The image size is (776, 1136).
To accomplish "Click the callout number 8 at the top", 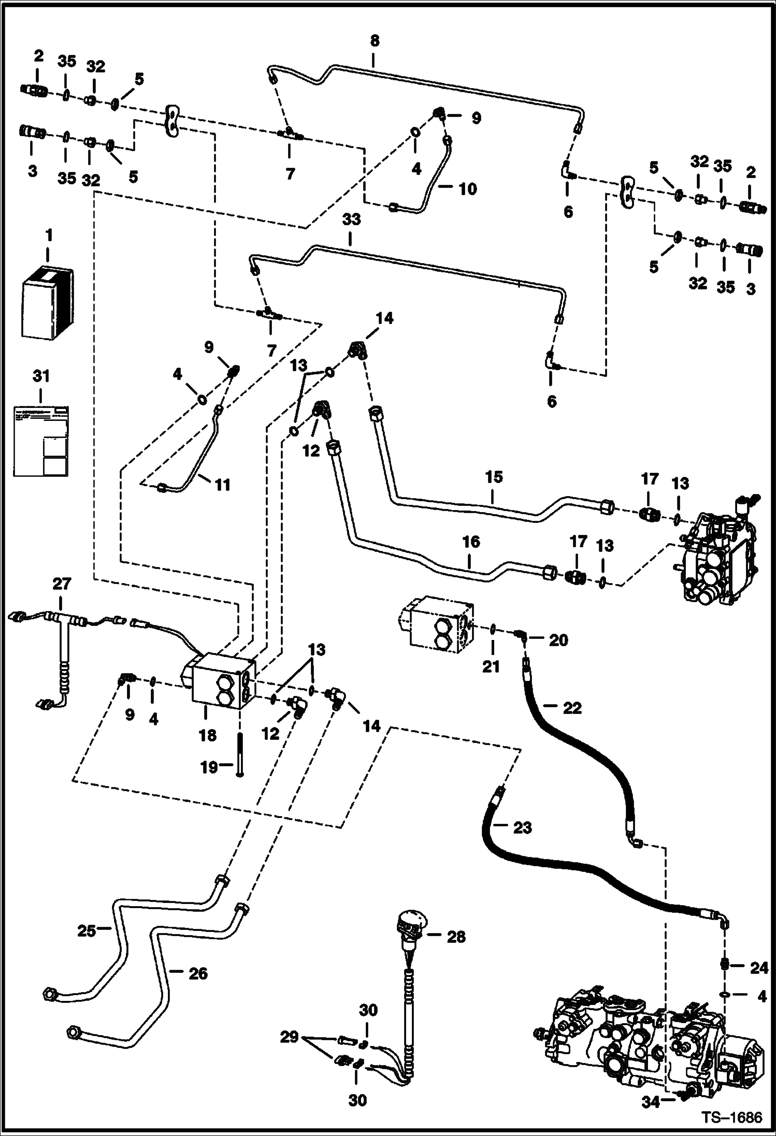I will coord(375,41).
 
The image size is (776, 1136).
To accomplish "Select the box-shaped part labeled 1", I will coord(47,303).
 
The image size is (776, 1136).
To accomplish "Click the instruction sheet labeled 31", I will coord(42,441).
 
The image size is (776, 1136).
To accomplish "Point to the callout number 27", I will coord(61,584).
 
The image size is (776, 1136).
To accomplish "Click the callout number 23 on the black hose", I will coord(522,828).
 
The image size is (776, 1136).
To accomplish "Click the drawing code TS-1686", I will coord(732,1118).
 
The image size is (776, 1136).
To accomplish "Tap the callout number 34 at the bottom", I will coord(650,1101).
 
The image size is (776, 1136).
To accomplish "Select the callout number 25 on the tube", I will coord(87,931).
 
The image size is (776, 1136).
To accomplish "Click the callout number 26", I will coord(197,974).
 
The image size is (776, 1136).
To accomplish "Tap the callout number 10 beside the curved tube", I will coord(467,189).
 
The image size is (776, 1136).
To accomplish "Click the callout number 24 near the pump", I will coord(759,968).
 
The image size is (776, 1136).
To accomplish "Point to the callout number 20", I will coord(558,640).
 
